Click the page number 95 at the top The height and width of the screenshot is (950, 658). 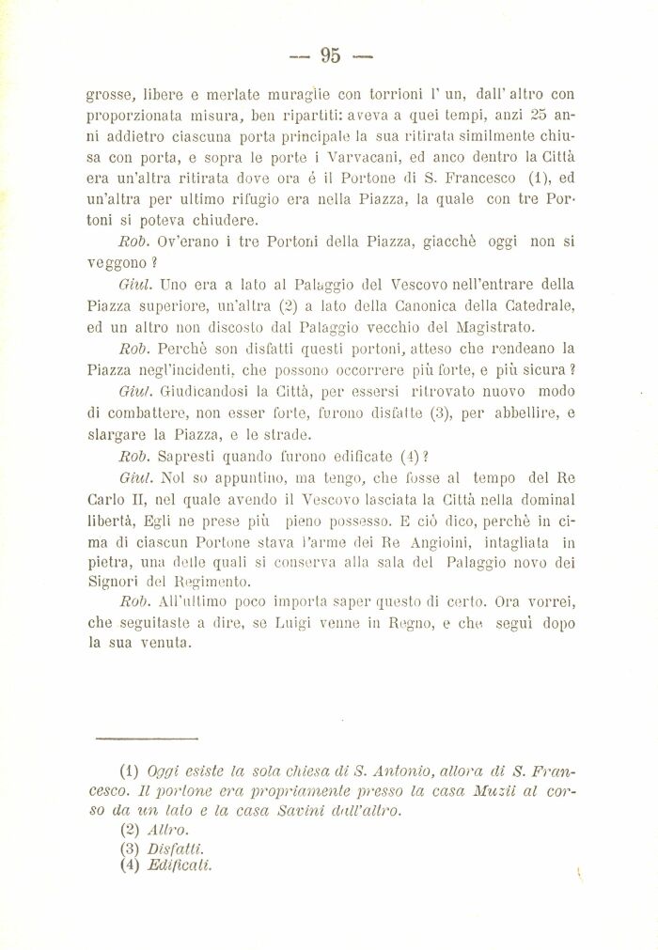point(330,55)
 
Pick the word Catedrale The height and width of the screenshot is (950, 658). point(536,305)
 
